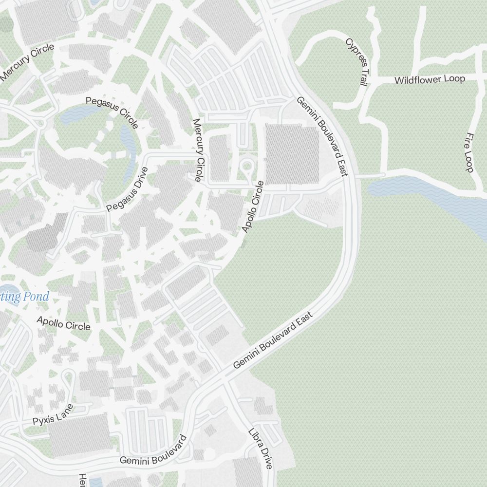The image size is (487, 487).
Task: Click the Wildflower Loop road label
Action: point(430,79)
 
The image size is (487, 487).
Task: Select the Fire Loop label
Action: point(469,152)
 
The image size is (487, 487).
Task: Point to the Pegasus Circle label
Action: point(112,112)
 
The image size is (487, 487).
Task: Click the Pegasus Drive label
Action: point(127,190)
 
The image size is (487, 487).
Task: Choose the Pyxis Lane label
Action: point(53,414)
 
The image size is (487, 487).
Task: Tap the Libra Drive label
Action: point(260,449)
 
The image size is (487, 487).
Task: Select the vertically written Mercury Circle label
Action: point(197,150)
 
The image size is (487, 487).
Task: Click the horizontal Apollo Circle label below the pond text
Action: point(63,323)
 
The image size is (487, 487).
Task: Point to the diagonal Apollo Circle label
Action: point(253,206)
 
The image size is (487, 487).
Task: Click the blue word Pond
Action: point(35,297)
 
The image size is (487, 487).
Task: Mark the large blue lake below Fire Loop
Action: point(429,197)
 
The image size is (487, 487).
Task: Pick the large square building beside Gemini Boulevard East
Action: point(291,153)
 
